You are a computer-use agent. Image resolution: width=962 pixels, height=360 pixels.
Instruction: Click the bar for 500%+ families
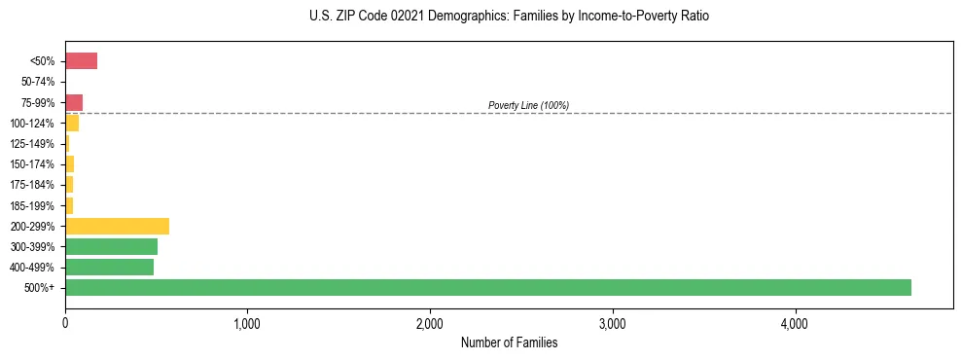[x=486, y=287]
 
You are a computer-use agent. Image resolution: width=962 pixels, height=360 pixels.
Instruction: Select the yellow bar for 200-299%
[x=117, y=226]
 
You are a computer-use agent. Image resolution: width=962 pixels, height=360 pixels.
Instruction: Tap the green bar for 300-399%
[x=111, y=246]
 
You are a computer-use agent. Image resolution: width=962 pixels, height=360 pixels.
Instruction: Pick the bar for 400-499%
[x=109, y=267]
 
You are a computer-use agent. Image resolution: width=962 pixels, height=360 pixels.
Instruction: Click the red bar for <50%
[x=81, y=61]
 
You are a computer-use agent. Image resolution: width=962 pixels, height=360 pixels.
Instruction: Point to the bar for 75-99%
[x=74, y=102]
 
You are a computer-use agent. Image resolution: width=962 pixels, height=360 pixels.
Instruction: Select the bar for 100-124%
[x=72, y=124]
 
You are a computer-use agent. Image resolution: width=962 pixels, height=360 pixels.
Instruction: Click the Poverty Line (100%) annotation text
[x=528, y=105]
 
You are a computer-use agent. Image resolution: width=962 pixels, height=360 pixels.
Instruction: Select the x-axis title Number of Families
[x=509, y=342]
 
